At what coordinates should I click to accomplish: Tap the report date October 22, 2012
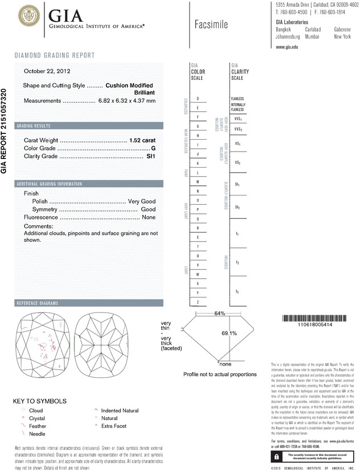tap(47, 71)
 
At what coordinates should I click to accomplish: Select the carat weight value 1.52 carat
tap(143, 140)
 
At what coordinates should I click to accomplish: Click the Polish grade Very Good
tap(142, 202)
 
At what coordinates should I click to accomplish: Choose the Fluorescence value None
tap(149, 217)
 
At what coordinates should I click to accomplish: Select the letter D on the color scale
tap(198, 99)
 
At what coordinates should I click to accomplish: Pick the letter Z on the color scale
tap(198, 302)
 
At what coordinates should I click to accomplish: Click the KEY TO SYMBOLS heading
tap(40, 401)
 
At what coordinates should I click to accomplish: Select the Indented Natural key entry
tap(120, 410)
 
